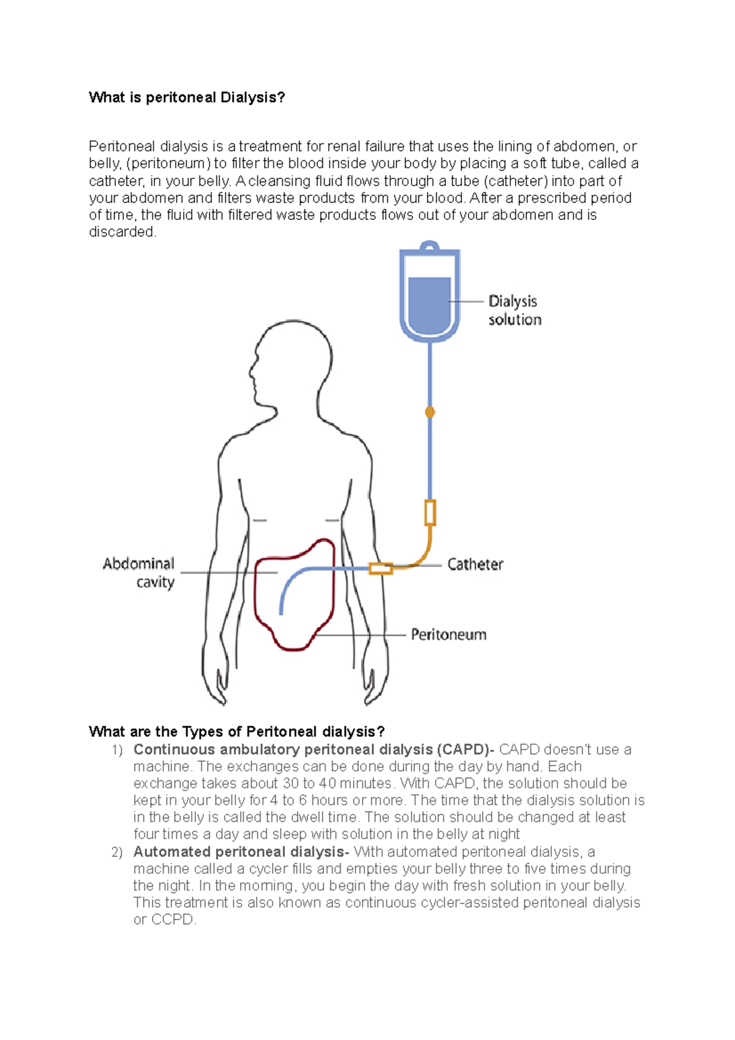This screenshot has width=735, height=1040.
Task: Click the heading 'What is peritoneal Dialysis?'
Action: (187, 97)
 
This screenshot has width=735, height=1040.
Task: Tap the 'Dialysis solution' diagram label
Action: (514, 310)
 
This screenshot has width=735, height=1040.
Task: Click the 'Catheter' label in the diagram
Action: (475, 564)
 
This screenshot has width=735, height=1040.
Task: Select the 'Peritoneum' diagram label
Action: (448, 635)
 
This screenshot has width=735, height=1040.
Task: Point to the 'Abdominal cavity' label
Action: (139, 572)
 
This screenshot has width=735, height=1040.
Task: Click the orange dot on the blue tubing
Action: (430, 412)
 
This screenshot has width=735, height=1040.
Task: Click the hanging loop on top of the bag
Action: (430, 246)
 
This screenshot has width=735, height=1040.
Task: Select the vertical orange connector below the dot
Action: (430, 513)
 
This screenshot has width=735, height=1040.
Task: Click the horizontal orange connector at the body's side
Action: (380, 569)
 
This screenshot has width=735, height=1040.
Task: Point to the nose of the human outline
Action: (251, 371)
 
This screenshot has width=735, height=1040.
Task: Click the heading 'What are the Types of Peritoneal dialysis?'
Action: (236, 731)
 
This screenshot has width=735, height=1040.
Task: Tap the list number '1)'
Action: (117, 750)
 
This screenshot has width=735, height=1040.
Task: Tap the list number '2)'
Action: (117, 853)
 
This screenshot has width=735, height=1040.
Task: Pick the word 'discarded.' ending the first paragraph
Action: (123, 232)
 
